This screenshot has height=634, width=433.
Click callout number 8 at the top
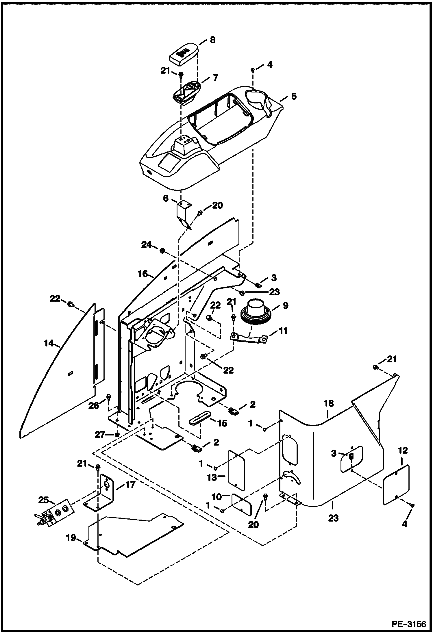click(x=212, y=40)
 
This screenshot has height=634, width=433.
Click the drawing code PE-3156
click(x=409, y=624)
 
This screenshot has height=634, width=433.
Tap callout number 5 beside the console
click(x=294, y=96)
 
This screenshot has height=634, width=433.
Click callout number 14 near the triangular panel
click(x=49, y=343)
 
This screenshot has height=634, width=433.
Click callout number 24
click(x=146, y=245)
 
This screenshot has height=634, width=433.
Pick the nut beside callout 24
click(x=162, y=251)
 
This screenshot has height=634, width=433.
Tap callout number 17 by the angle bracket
click(x=130, y=484)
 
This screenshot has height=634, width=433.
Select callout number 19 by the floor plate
click(x=71, y=538)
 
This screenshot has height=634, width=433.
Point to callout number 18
click(x=329, y=403)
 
